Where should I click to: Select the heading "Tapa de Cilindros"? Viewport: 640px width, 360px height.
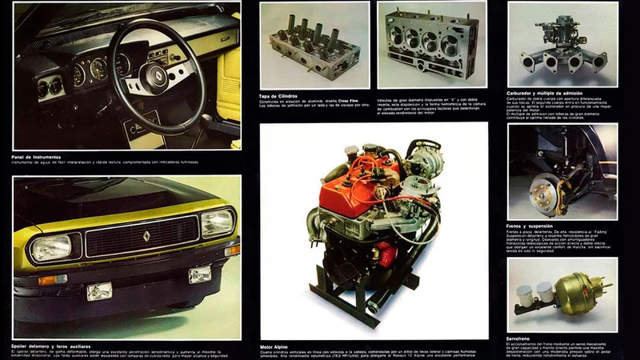coord(279,96)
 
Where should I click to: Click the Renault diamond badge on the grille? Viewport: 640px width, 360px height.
coord(146,236)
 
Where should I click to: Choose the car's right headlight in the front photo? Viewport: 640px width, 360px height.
coord(217,222)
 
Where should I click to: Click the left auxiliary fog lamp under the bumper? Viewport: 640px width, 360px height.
coord(99,290)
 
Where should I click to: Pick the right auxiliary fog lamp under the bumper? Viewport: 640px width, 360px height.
coord(199,274)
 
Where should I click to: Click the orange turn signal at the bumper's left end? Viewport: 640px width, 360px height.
coord(52,280)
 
